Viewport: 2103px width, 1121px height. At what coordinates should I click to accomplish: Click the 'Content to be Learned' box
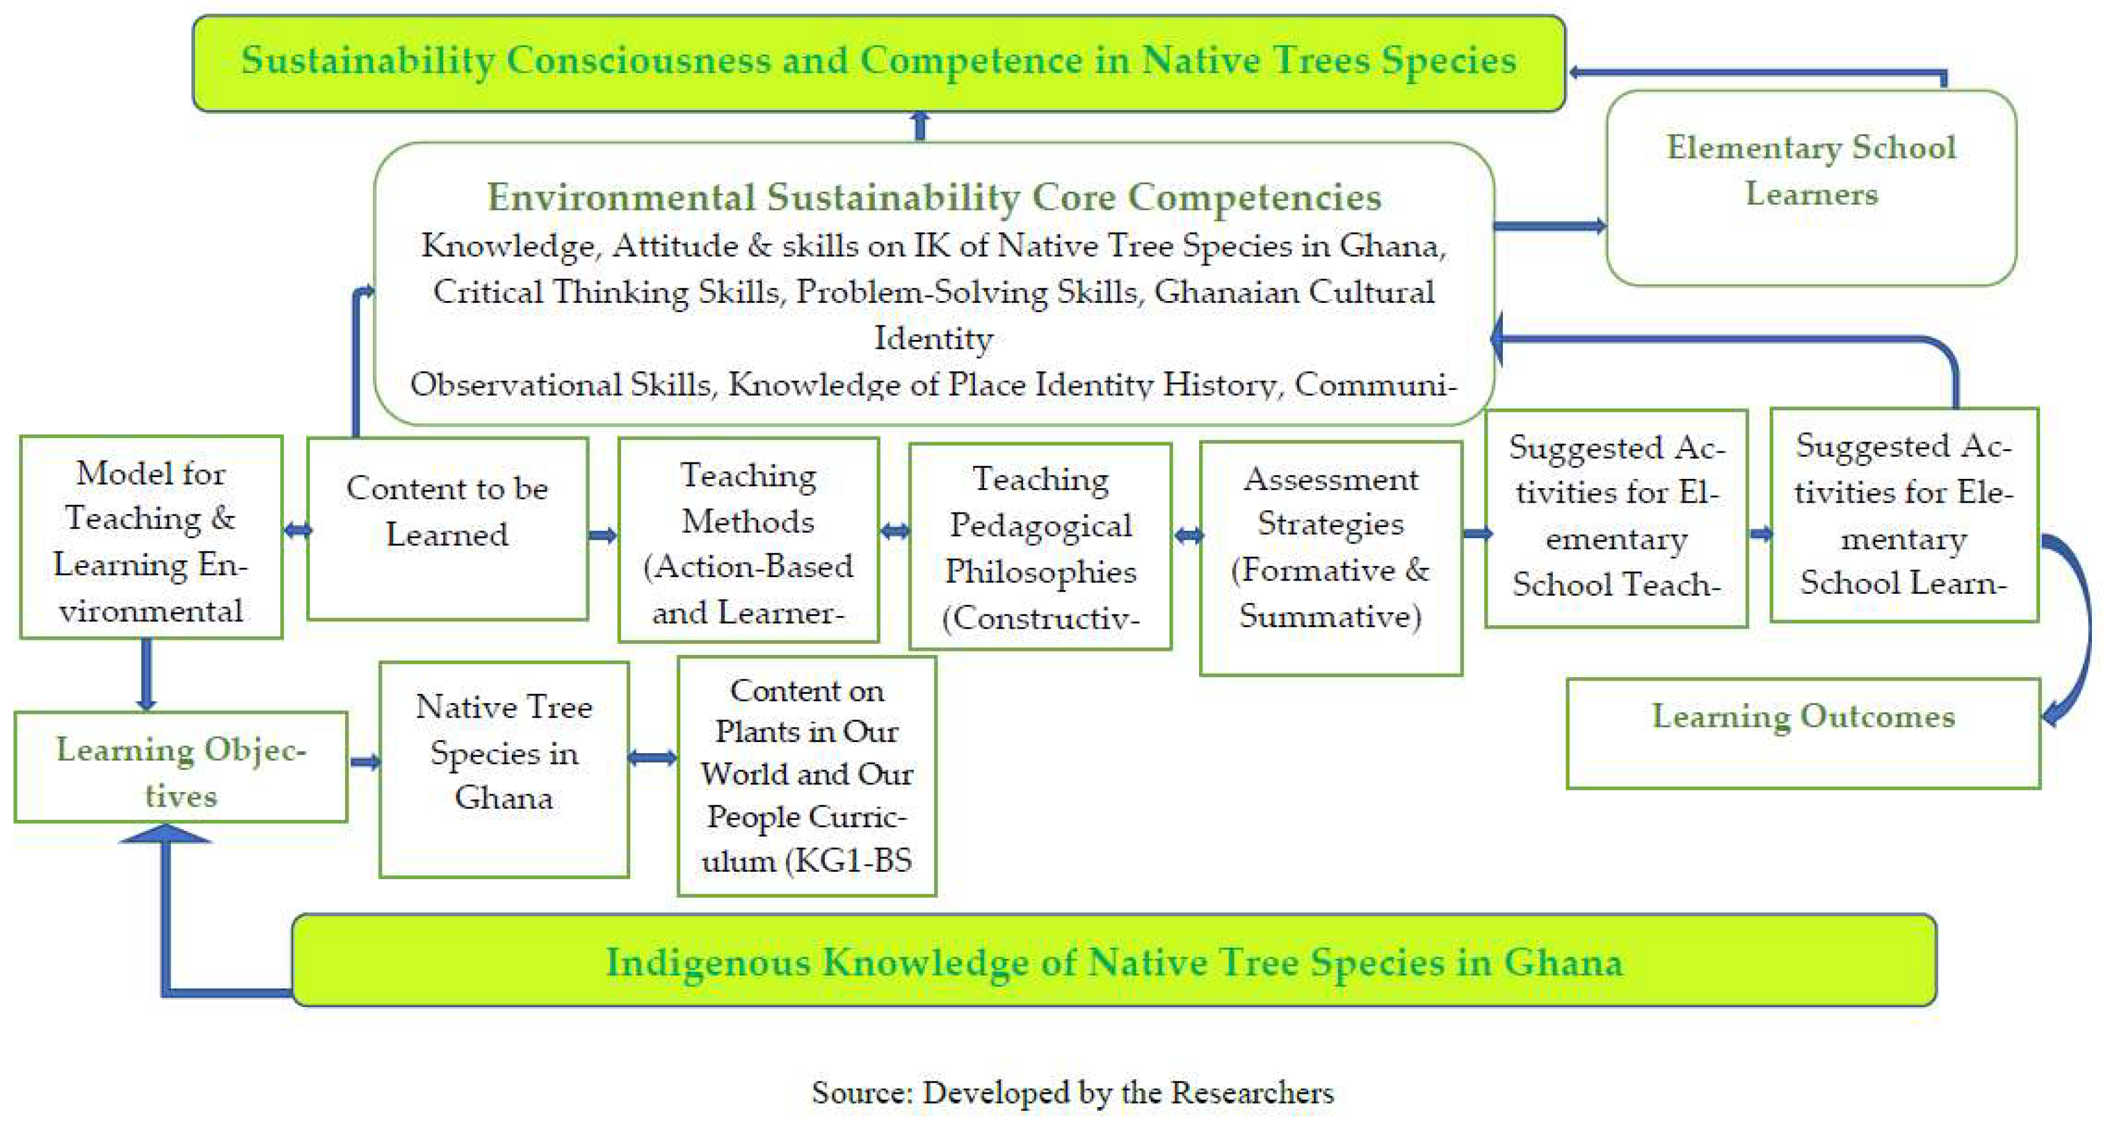(447, 528)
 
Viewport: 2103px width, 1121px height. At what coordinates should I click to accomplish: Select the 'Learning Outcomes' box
(1803, 732)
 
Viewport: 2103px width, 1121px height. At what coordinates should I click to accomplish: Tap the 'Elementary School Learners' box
(1811, 188)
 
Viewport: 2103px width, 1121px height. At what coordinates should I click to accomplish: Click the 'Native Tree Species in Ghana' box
(504, 768)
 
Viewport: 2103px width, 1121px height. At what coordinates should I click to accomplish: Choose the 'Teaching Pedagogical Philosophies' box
(1040, 546)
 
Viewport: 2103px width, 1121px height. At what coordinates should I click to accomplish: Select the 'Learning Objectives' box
(181, 767)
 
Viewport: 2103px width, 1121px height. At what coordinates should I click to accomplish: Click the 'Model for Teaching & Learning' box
(151, 536)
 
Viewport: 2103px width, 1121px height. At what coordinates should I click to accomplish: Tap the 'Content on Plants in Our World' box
(806, 776)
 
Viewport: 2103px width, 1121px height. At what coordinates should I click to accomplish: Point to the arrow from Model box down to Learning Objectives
(146, 673)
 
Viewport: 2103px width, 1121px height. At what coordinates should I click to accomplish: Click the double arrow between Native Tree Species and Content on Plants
(652, 758)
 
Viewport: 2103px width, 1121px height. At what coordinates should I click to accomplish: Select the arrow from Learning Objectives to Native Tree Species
(364, 762)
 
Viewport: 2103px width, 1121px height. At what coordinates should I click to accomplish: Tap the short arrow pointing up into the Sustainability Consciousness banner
(920, 127)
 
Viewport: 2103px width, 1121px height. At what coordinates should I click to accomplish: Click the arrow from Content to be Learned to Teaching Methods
(602, 536)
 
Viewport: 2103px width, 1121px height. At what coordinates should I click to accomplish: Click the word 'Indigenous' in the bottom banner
(707, 962)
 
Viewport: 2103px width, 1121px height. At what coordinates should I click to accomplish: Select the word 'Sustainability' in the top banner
(367, 60)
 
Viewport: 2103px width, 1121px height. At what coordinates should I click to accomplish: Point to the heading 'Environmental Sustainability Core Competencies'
(934, 197)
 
